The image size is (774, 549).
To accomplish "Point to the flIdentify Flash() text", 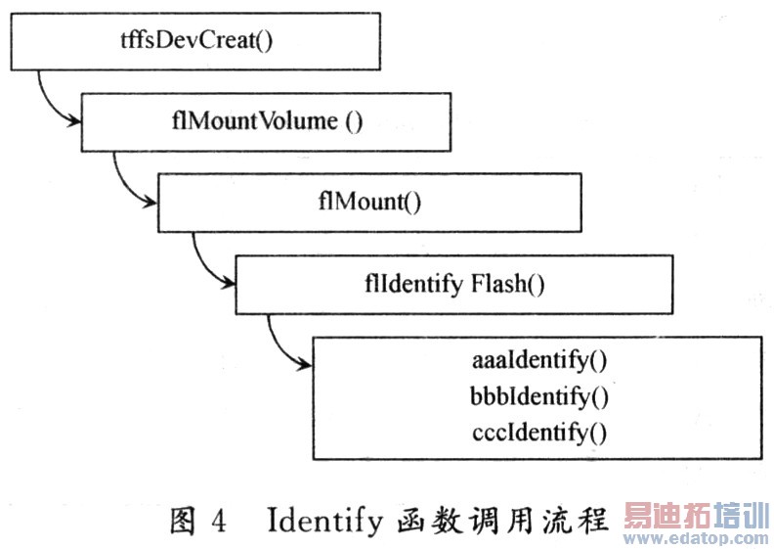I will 453,285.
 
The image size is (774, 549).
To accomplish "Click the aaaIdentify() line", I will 538,361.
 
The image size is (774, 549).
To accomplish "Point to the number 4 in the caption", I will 217,520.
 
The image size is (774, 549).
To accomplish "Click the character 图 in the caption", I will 183,520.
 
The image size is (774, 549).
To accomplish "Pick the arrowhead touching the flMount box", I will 150,201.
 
